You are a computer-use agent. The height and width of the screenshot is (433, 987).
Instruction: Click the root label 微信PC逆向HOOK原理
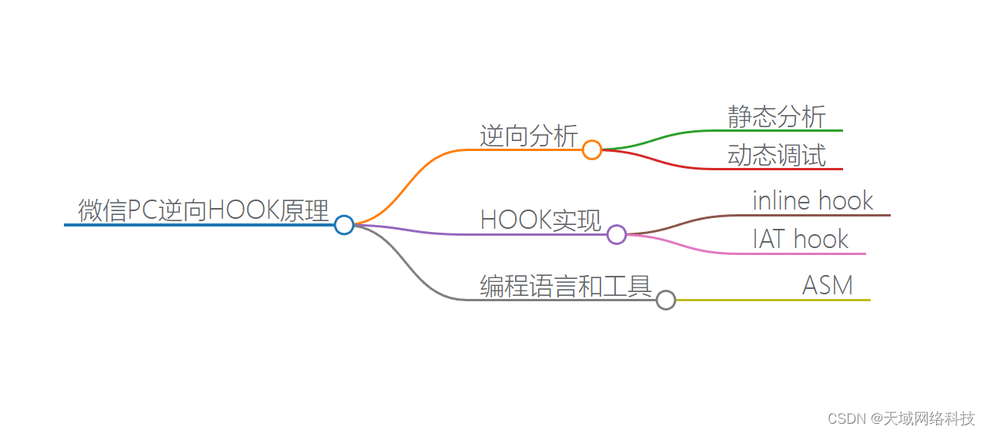(203, 210)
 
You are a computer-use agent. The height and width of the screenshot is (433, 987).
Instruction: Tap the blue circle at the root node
(344, 224)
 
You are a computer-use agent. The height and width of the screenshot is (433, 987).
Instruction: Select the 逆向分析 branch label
(528, 136)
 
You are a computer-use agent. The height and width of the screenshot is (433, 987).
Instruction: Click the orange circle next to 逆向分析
(591, 149)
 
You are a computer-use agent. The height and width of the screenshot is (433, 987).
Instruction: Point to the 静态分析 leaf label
(776, 116)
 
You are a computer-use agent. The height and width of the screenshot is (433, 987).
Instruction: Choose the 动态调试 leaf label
(776, 155)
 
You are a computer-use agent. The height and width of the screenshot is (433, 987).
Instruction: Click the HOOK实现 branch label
(540, 220)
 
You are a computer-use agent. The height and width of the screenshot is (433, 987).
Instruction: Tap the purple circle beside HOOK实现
(616, 234)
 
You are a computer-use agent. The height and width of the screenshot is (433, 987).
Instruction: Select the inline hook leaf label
(812, 200)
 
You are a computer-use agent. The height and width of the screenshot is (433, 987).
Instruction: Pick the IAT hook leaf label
(800, 239)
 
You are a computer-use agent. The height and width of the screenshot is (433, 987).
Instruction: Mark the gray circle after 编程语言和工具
(666, 300)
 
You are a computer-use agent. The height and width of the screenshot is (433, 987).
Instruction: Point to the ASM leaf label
(828, 285)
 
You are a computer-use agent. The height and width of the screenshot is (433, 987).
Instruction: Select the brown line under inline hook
(816, 215)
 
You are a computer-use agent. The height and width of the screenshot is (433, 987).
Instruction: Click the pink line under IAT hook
(801, 253)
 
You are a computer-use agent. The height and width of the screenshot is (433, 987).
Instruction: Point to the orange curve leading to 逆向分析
(408, 181)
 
